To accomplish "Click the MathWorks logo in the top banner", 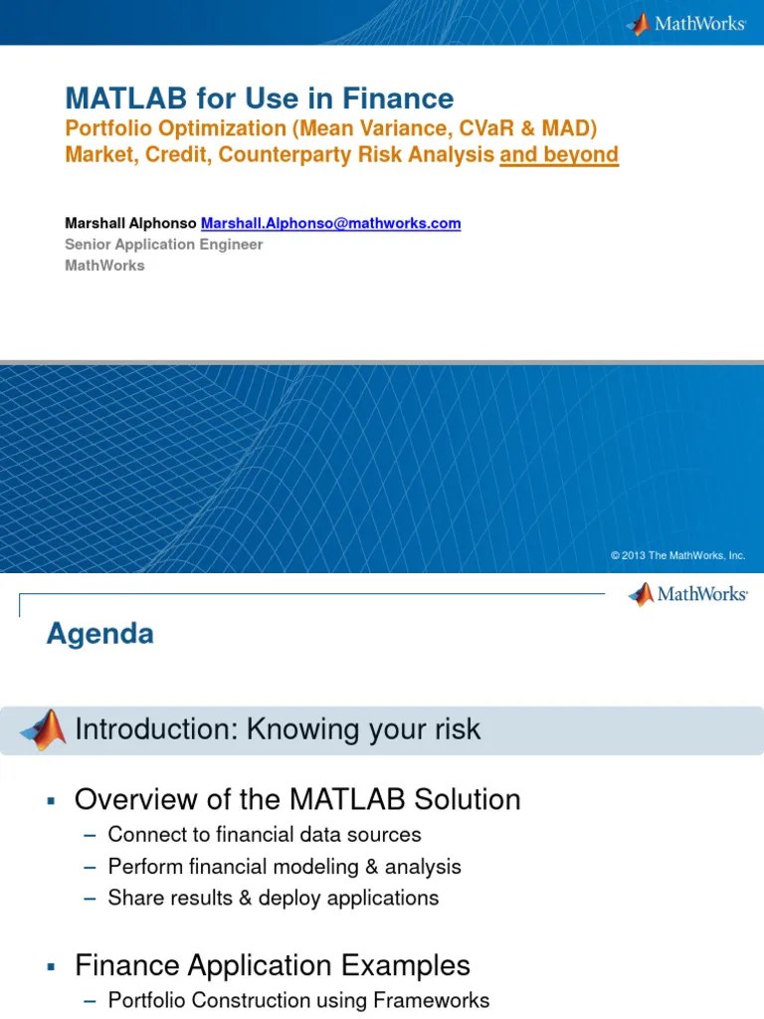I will click(x=686, y=24).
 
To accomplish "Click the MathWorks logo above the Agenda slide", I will click(x=687, y=595).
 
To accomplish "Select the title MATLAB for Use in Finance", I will click(x=260, y=99).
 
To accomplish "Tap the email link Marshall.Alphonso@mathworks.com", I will click(x=331, y=223).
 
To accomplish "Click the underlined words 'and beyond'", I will click(x=559, y=154).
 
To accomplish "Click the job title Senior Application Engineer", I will click(x=164, y=244).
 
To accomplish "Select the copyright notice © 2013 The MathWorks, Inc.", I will click(x=678, y=555).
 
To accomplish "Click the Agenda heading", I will click(x=100, y=634).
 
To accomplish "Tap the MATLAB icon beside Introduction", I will click(x=44, y=730).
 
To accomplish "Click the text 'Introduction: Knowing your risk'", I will click(x=278, y=729).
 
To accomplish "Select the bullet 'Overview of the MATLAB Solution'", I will click(x=297, y=799).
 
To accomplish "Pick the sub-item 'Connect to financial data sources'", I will click(x=265, y=835).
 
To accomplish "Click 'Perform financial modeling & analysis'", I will click(x=285, y=867).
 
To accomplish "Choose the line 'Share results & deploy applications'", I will click(x=273, y=898).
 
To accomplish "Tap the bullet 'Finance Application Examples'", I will click(x=273, y=965).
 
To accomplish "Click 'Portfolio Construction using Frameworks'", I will click(x=298, y=1001).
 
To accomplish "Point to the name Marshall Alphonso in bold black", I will click(x=131, y=223).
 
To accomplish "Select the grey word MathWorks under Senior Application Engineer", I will click(x=104, y=265).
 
